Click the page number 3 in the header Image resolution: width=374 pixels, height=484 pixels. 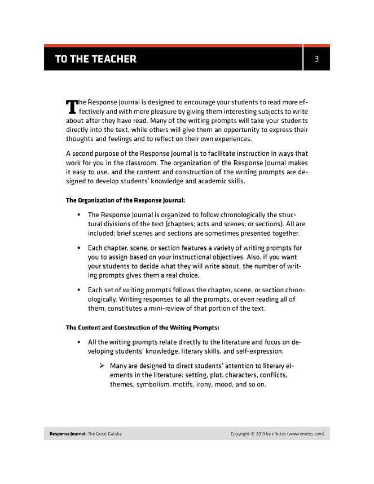point(318,59)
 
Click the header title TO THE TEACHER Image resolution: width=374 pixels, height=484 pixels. point(95,59)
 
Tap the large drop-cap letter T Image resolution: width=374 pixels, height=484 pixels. point(72,107)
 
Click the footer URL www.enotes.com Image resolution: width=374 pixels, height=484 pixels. point(305,433)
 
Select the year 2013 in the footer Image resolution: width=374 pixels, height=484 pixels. point(260,433)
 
